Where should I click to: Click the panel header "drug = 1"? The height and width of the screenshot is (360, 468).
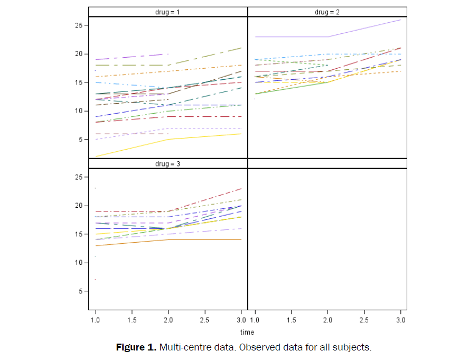click(x=168, y=12)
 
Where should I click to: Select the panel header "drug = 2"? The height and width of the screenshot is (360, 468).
click(x=327, y=12)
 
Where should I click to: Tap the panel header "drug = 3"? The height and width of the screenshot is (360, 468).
click(x=168, y=163)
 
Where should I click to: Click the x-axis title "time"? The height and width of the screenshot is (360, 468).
click(x=247, y=333)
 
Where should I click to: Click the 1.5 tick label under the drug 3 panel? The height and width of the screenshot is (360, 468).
click(x=132, y=320)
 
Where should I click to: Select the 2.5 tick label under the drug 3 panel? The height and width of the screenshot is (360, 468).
click(x=204, y=320)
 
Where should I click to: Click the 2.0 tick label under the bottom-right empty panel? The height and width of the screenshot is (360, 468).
click(x=327, y=320)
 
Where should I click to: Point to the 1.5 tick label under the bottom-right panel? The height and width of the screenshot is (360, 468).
click(x=291, y=320)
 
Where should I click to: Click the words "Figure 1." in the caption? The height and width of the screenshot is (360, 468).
click(x=136, y=348)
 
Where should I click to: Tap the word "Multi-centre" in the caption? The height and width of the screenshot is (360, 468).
click(x=179, y=348)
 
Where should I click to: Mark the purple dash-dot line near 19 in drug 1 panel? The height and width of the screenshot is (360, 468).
click(x=132, y=57)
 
